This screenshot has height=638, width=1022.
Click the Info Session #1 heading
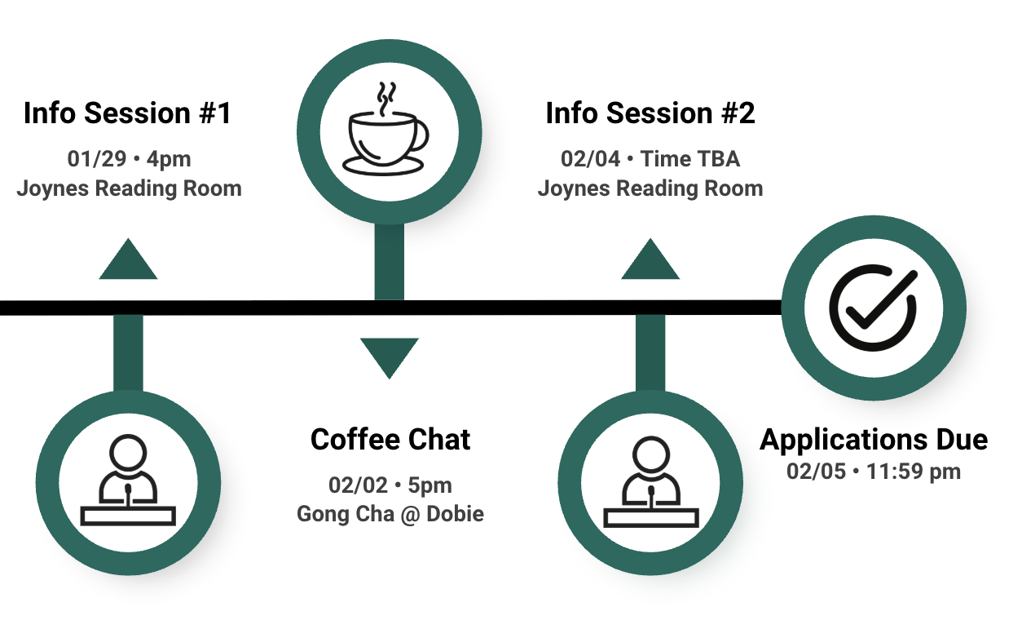point(128,113)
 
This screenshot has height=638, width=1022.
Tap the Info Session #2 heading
point(650,113)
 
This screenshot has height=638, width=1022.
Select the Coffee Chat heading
point(390,440)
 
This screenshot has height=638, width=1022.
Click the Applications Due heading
point(874,440)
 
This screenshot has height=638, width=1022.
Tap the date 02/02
point(356,485)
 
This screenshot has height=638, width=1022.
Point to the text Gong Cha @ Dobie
point(390,515)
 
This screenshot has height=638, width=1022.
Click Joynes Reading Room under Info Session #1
point(130,188)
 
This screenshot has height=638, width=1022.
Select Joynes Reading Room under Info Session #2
point(650,188)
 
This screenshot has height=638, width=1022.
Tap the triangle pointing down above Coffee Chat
point(390,356)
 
